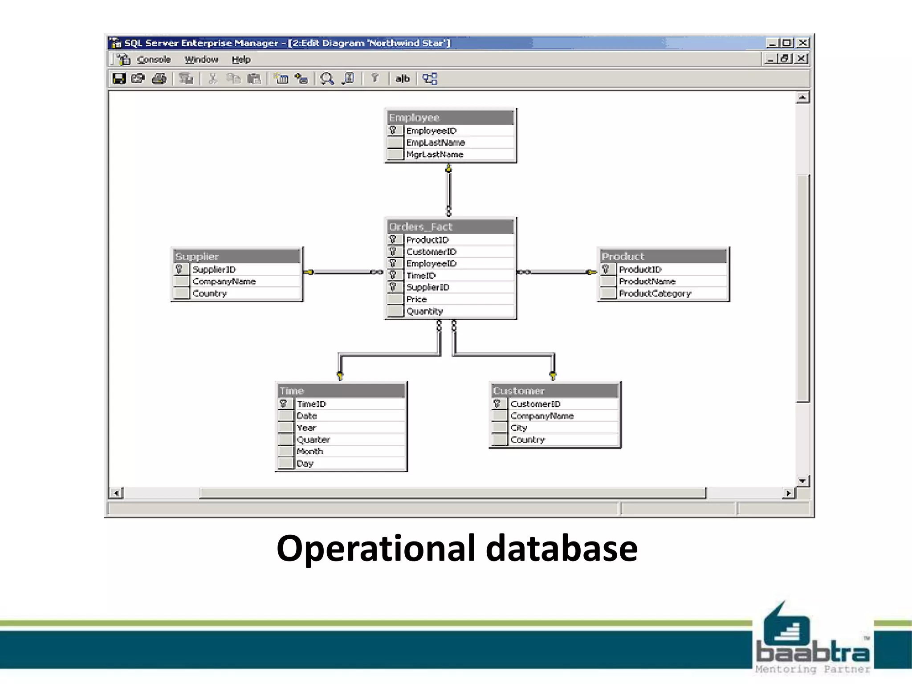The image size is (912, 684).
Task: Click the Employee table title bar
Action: [450, 118]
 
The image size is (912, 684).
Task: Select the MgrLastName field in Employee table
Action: [435, 155]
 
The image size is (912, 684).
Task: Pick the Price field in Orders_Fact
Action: [416, 299]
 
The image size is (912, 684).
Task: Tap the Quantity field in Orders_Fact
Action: [424, 311]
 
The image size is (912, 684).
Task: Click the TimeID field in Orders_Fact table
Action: [421, 276]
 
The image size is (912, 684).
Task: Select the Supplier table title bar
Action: [236, 256]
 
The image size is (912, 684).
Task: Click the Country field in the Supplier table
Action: [209, 293]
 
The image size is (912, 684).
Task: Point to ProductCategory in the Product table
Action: [655, 293]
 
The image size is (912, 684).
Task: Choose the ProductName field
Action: [647, 281]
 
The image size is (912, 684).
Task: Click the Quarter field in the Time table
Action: [313, 440]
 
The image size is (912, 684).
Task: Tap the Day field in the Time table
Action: [305, 464]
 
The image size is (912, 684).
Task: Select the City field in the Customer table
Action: [519, 428]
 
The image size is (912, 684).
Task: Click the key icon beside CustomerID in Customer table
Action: [497, 403]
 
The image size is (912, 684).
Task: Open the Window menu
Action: [201, 60]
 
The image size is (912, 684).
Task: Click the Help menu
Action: [241, 60]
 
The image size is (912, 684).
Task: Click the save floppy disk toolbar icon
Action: [119, 79]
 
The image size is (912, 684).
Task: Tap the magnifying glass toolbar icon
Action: [327, 79]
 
